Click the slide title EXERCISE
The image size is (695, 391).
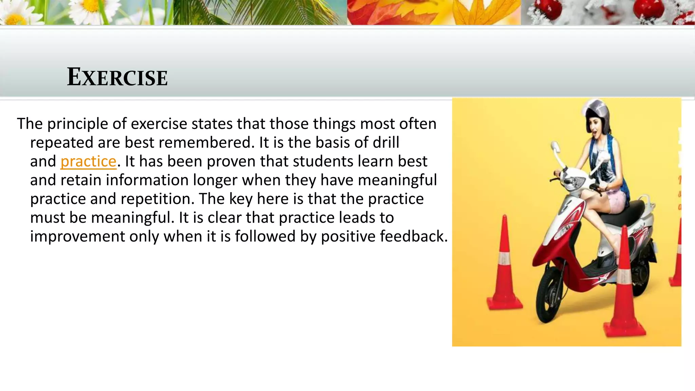117,77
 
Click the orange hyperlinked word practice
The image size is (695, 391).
88,162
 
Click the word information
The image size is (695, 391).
147,180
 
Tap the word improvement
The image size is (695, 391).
77,237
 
